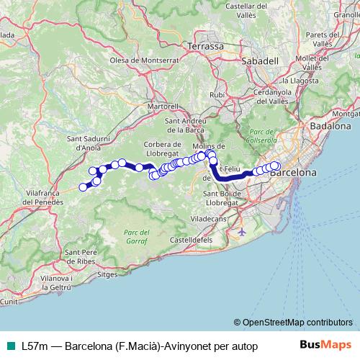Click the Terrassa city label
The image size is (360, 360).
click(x=205, y=45)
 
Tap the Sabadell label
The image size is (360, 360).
click(x=261, y=61)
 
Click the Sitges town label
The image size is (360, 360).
click(x=107, y=275)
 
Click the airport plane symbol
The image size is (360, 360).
click(x=240, y=233)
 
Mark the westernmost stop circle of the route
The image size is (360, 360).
click(x=83, y=187)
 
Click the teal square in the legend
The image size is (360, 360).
click(x=9, y=346)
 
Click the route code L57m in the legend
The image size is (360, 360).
click(x=35, y=346)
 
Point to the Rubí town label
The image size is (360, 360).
click(x=216, y=94)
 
